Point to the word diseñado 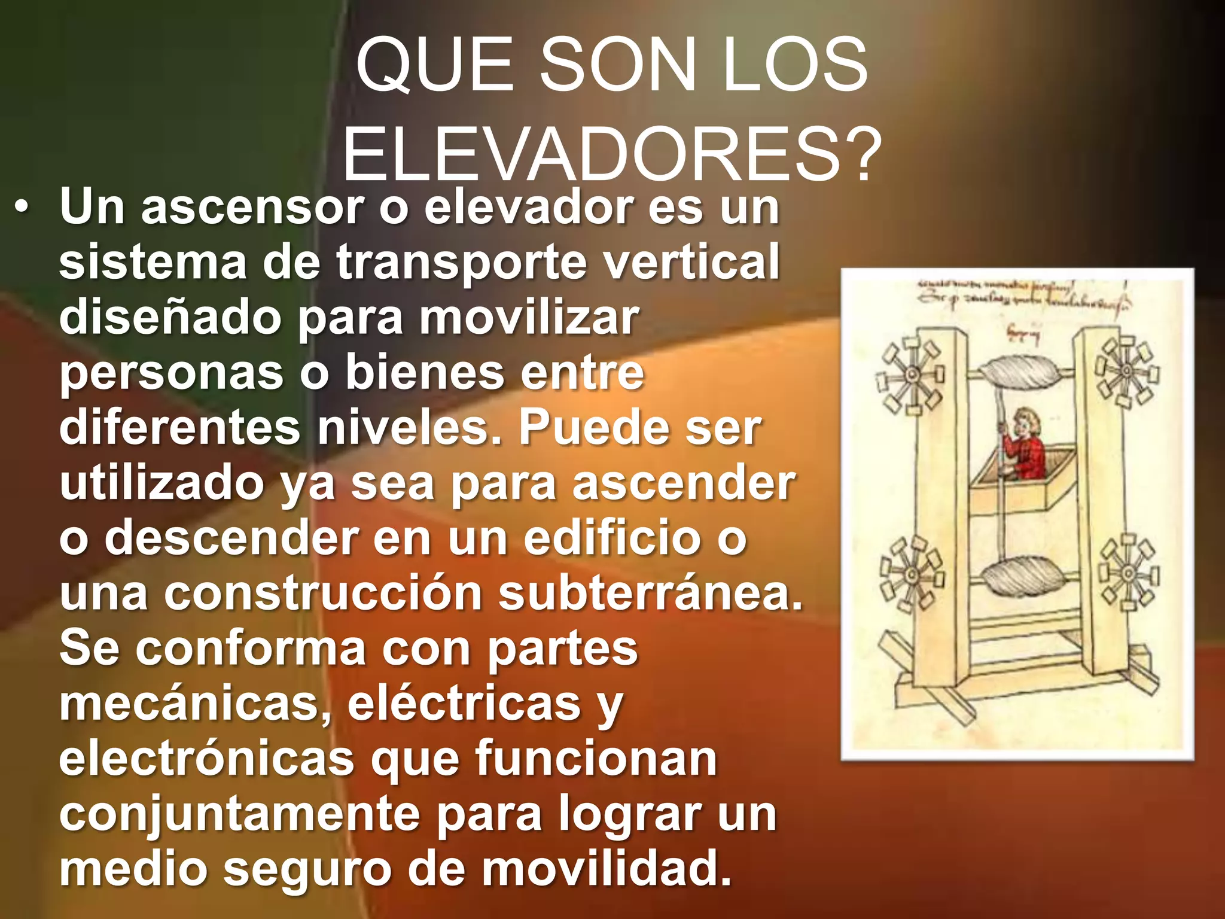(170, 317)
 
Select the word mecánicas (195, 704)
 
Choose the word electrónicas (207, 759)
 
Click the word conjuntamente (239, 814)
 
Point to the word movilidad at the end (607, 868)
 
